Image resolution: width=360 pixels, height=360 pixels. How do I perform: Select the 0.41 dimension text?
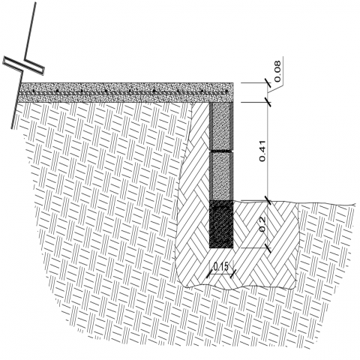tap(262, 151)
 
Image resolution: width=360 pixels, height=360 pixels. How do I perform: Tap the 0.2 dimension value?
tap(262, 224)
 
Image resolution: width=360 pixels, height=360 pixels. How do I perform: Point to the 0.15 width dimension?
tap(221, 267)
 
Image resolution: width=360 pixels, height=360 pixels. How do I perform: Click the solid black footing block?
tap(221, 224)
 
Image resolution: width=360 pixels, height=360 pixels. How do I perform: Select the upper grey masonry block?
tap(221, 126)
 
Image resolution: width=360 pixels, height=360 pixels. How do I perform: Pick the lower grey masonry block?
tap(221, 176)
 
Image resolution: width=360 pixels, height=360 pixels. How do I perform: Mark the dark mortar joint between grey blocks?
tap(221, 151)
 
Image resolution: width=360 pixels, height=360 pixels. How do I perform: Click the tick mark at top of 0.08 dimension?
tap(268, 82)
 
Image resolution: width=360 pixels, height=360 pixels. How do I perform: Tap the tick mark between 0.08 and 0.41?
tap(268, 102)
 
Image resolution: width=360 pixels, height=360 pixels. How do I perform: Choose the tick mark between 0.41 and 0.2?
tap(268, 201)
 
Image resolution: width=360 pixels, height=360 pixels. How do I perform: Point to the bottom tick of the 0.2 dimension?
tap(268, 248)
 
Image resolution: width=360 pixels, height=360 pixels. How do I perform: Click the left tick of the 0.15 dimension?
tap(209, 274)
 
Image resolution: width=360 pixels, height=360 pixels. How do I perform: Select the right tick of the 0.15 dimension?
tap(233, 274)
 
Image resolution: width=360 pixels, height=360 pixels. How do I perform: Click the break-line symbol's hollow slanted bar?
tap(23, 65)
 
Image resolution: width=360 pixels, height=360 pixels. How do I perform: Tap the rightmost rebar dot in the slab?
tap(226, 91)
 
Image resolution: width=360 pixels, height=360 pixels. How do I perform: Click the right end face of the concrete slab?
tap(233, 92)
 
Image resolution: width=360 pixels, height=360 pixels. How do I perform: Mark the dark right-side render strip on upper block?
tap(232, 126)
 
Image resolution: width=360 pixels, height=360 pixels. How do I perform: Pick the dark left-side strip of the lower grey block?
tap(211, 176)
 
